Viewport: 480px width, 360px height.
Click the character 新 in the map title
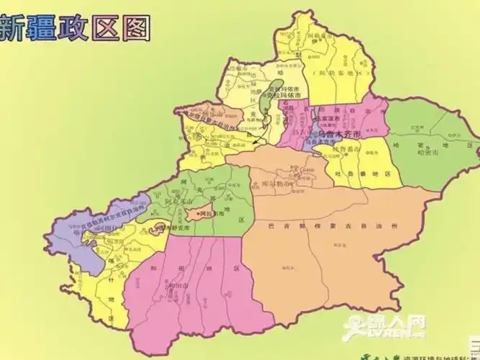point(16,28)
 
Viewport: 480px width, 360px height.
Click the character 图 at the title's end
point(137,27)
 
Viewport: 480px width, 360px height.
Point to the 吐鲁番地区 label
point(372,174)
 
